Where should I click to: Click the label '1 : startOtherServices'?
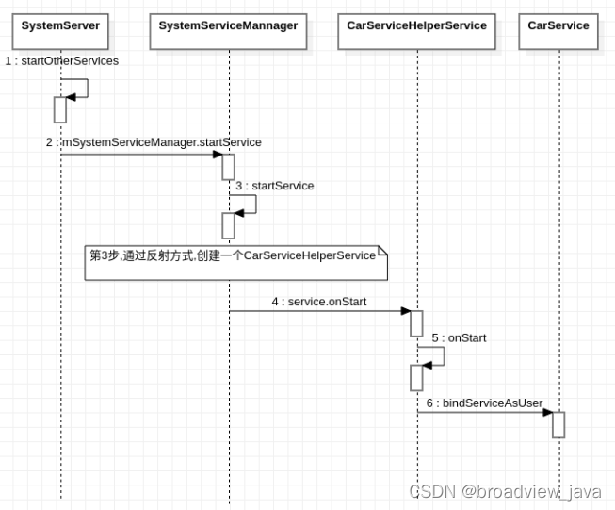point(62,61)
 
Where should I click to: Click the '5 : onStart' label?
point(460,337)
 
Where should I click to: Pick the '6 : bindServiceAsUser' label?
point(484,403)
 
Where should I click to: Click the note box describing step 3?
point(236,262)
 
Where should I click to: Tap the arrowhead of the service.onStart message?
point(405,311)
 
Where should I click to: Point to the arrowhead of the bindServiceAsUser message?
point(547,412)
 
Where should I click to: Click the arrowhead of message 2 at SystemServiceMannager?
point(218,155)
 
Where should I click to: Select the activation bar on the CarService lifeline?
point(558,424)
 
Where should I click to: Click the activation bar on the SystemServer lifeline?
point(60,109)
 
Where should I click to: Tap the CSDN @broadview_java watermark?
point(505,491)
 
